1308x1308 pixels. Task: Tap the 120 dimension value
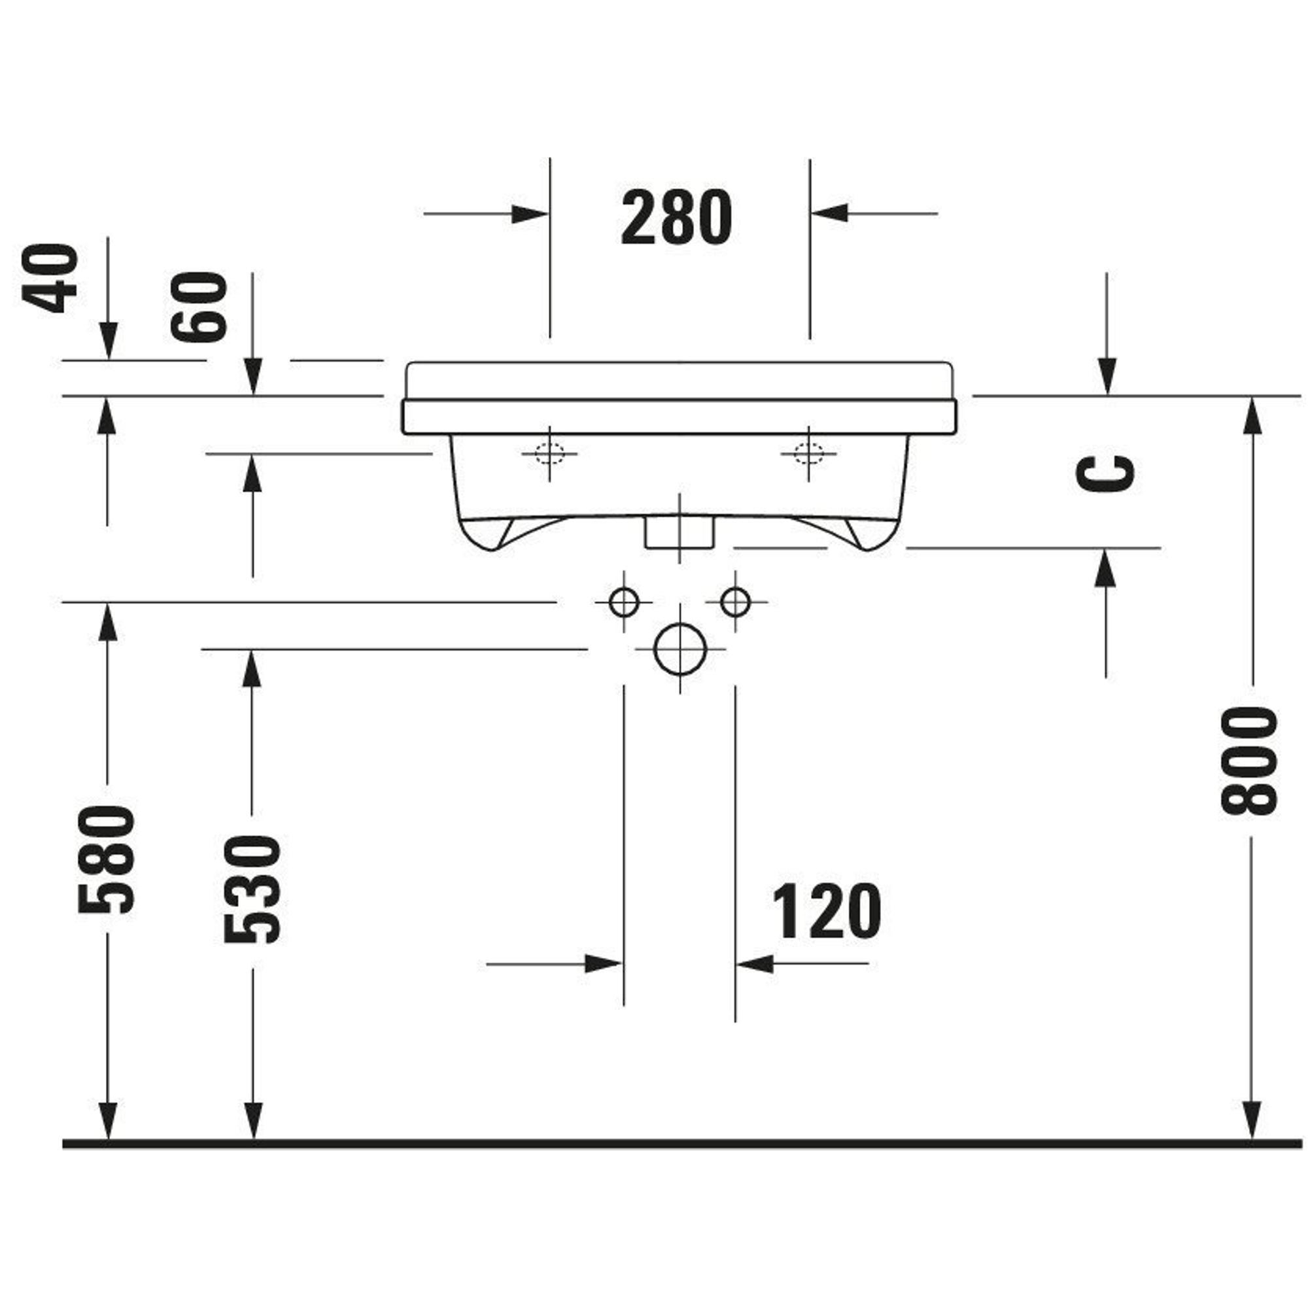coord(827,910)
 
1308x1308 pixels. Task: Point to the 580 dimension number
coord(107,860)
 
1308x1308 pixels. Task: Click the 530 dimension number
coord(252,889)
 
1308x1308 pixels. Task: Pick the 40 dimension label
coord(50,278)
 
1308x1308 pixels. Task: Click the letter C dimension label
coord(1105,473)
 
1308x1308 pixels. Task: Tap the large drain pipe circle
coord(680,649)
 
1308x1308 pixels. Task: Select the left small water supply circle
coord(623,602)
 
